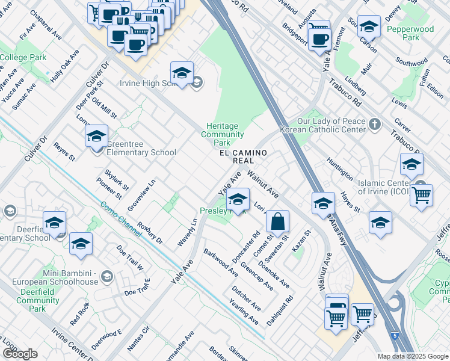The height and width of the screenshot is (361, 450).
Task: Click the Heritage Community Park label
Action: (x=222, y=134)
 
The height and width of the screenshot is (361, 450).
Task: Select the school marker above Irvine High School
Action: (x=182, y=73)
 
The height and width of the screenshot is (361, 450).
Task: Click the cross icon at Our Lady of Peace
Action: (x=375, y=124)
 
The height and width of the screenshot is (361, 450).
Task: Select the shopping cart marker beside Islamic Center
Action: (x=422, y=194)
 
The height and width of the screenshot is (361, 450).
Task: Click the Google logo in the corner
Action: (x=20, y=353)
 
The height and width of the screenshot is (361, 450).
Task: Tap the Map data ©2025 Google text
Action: (x=412, y=356)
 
